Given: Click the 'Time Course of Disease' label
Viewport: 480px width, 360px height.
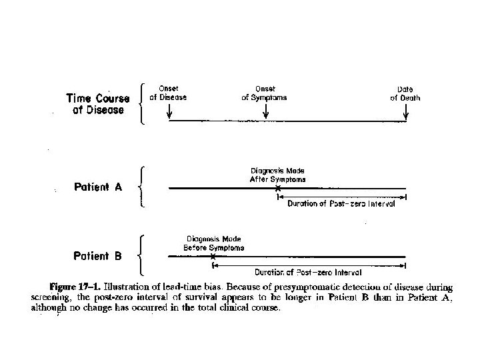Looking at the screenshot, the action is [x=95, y=104].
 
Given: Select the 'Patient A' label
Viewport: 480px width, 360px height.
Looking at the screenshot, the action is [x=98, y=187].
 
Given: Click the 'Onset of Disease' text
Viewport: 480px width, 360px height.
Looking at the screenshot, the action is [x=168, y=93].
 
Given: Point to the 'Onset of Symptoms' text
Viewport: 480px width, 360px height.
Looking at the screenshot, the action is [x=265, y=93].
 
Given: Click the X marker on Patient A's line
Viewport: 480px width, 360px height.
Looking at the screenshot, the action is [x=278, y=189].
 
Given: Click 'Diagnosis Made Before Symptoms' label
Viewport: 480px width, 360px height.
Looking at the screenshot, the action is [x=213, y=243].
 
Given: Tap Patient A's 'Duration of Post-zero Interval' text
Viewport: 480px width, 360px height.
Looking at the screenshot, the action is [x=341, y=204].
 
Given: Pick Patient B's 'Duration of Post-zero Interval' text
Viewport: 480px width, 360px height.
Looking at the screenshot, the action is [x=309, y=272].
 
